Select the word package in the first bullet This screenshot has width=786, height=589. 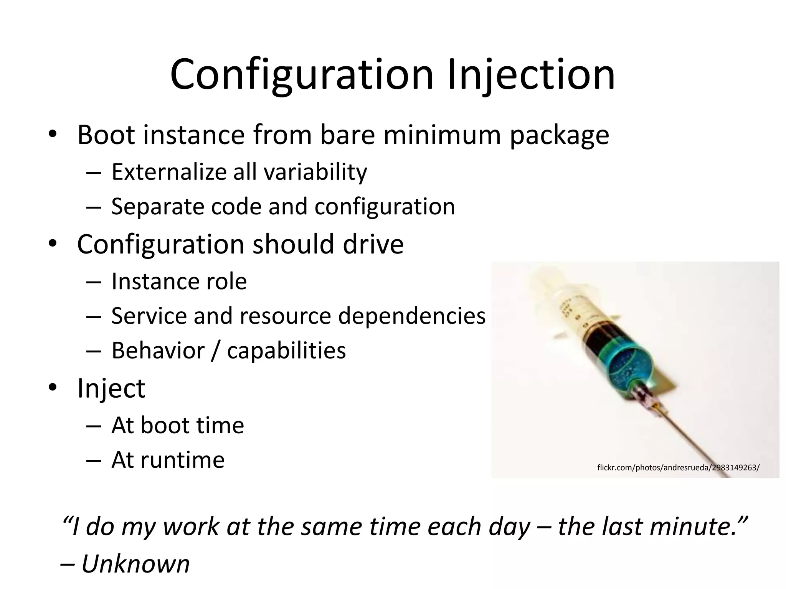559,136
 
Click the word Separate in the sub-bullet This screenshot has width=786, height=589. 157,207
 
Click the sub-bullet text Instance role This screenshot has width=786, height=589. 179,281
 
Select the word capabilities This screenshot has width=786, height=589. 286,350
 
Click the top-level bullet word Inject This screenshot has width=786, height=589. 111,388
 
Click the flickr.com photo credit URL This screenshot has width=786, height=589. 678,467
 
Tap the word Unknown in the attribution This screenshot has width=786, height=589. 135,564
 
